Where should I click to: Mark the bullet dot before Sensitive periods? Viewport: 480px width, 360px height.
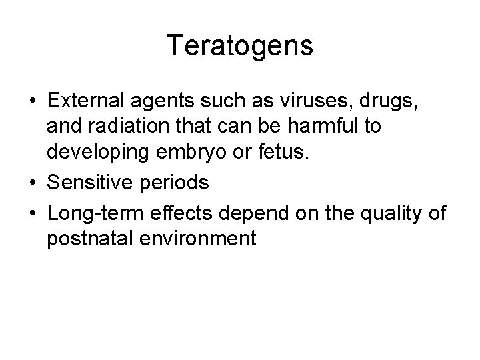(31, 182)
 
